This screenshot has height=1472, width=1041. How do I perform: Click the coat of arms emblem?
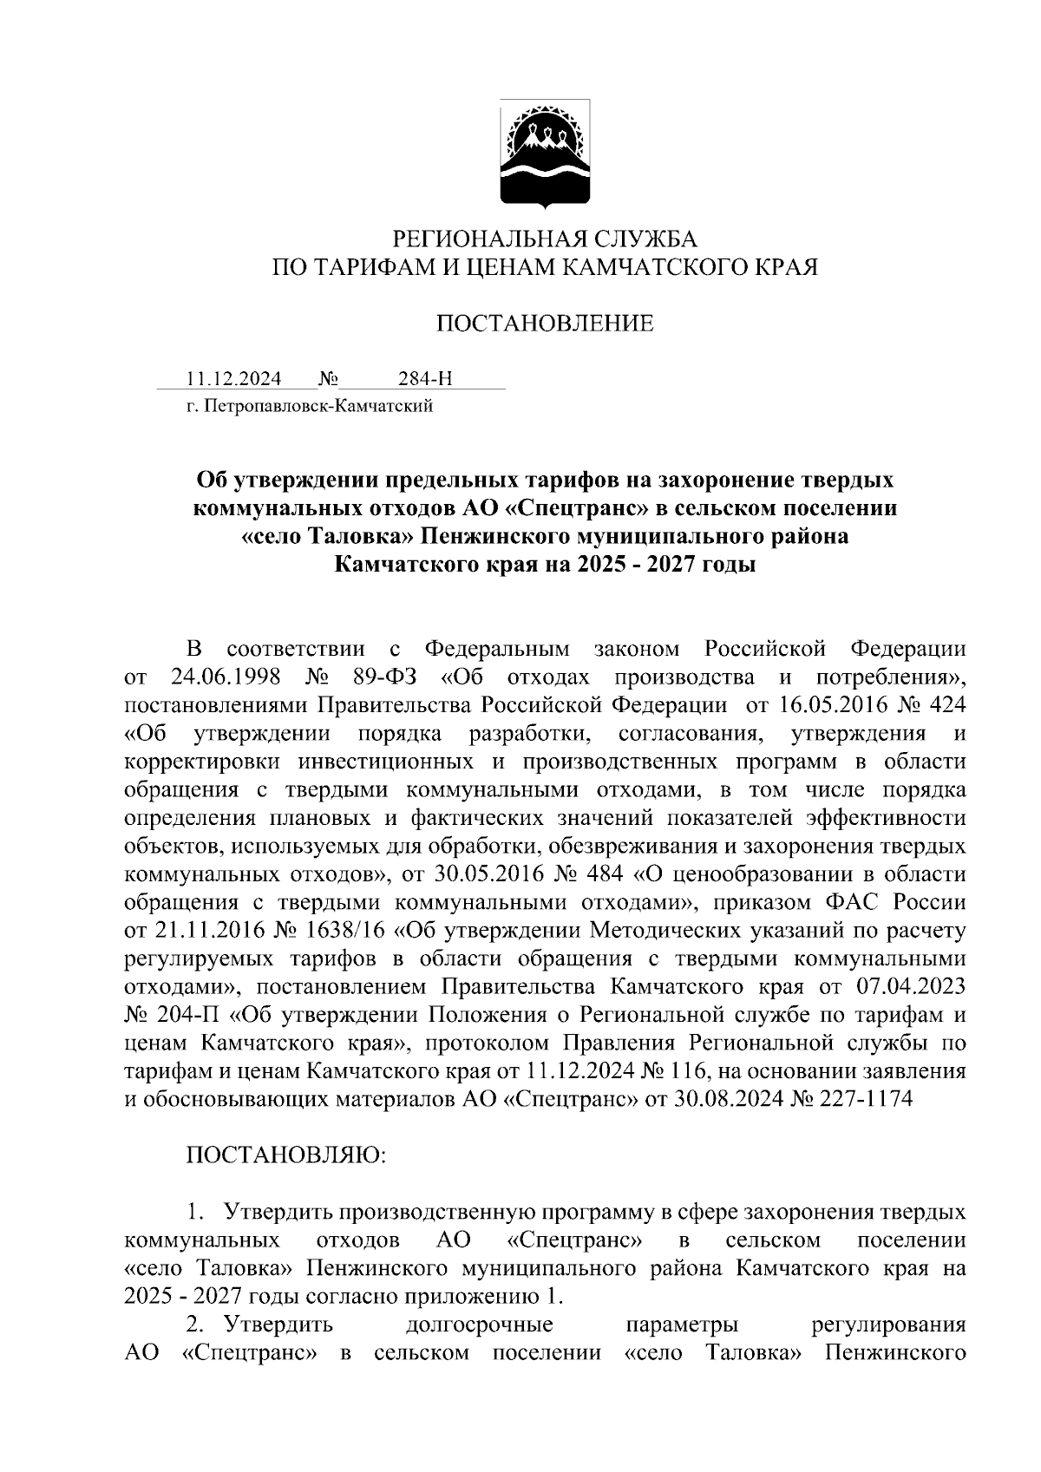point(544,155)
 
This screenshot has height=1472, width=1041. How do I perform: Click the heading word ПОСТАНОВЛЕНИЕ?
point(544,324)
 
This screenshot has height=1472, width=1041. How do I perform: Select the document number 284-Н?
point(425,379)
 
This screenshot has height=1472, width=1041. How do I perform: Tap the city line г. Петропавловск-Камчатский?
point(310,405)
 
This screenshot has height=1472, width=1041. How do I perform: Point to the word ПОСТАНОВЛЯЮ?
point(285,1155)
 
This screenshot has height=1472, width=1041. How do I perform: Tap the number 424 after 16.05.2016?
point(946,704)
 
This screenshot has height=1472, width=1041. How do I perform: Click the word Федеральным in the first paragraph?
point(497,648)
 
